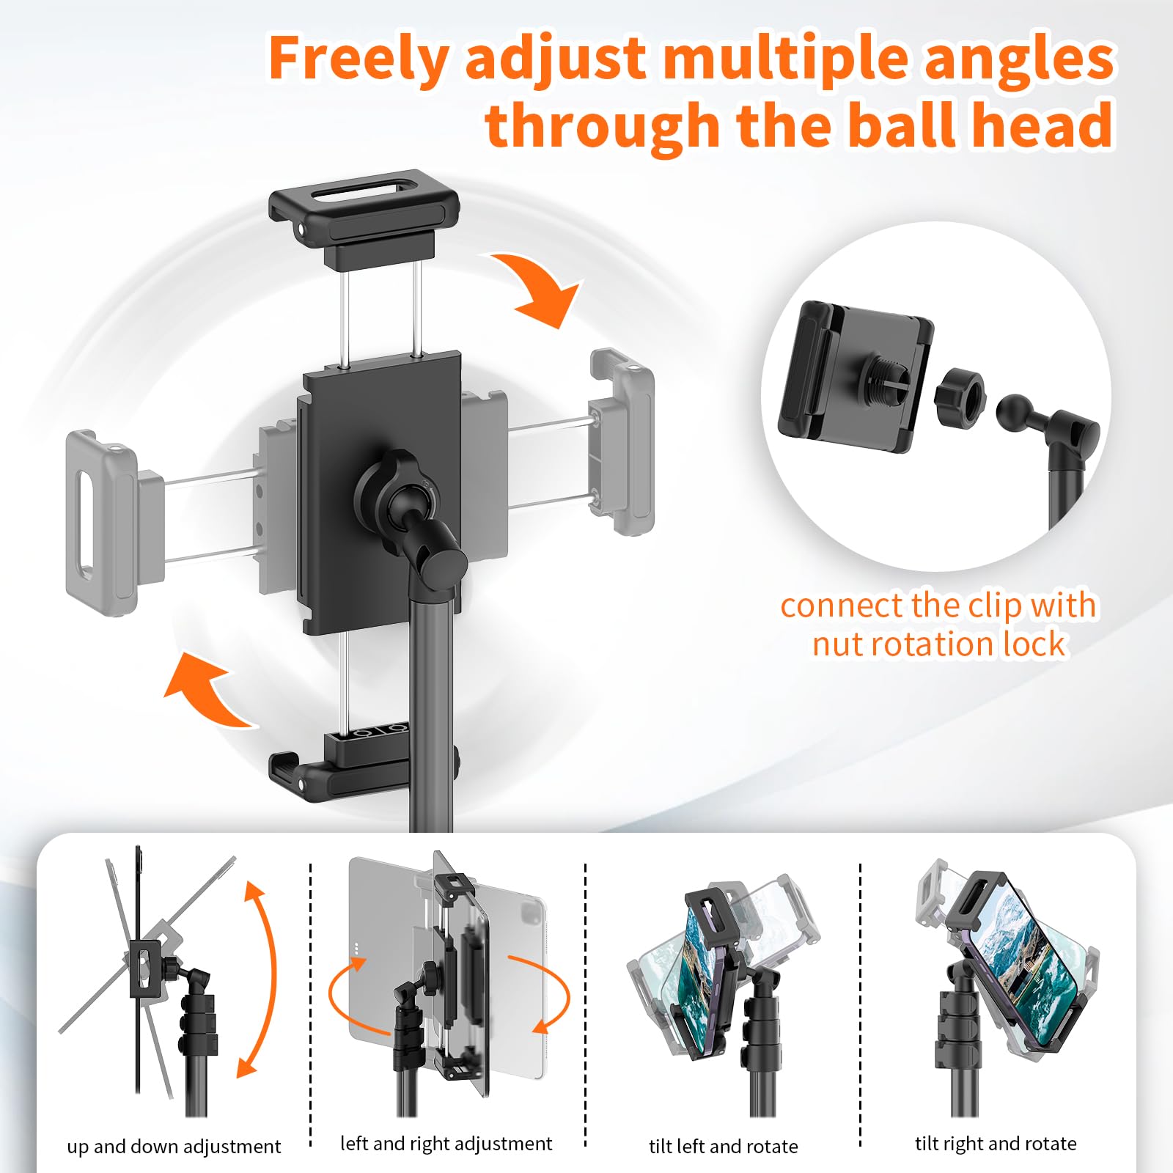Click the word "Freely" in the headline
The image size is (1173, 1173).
pos(358,59)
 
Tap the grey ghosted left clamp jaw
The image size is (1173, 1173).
pos(103,523)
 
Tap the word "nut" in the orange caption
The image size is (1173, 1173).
pos(844,644)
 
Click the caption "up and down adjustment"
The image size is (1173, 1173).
pos(174,1146)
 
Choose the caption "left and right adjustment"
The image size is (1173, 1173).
pos(446,1144)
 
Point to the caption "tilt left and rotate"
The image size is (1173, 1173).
pos(723,1146)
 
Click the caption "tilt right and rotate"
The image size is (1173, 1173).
pos(996,1144)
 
